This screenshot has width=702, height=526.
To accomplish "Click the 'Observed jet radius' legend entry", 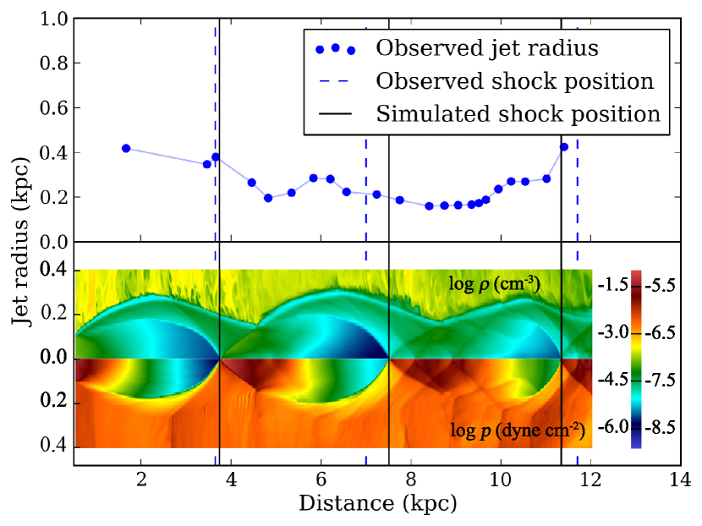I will coord(486,48).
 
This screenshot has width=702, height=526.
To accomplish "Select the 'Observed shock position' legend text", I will coord(515,81).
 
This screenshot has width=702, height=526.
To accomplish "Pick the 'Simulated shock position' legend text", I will coord(518,113).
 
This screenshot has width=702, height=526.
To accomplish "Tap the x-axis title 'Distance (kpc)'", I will coord(377,504).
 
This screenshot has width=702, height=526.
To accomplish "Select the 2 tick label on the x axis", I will coord(141,479).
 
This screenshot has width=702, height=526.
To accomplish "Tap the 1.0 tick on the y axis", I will coord(53,19).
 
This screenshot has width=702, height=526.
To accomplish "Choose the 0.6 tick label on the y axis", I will coord(53,108).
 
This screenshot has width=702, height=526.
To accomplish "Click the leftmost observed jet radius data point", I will coord(126,148).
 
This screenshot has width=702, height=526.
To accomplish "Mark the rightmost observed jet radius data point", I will coord(564,147).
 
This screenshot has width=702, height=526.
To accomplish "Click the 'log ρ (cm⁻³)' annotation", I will coord(494,282).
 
